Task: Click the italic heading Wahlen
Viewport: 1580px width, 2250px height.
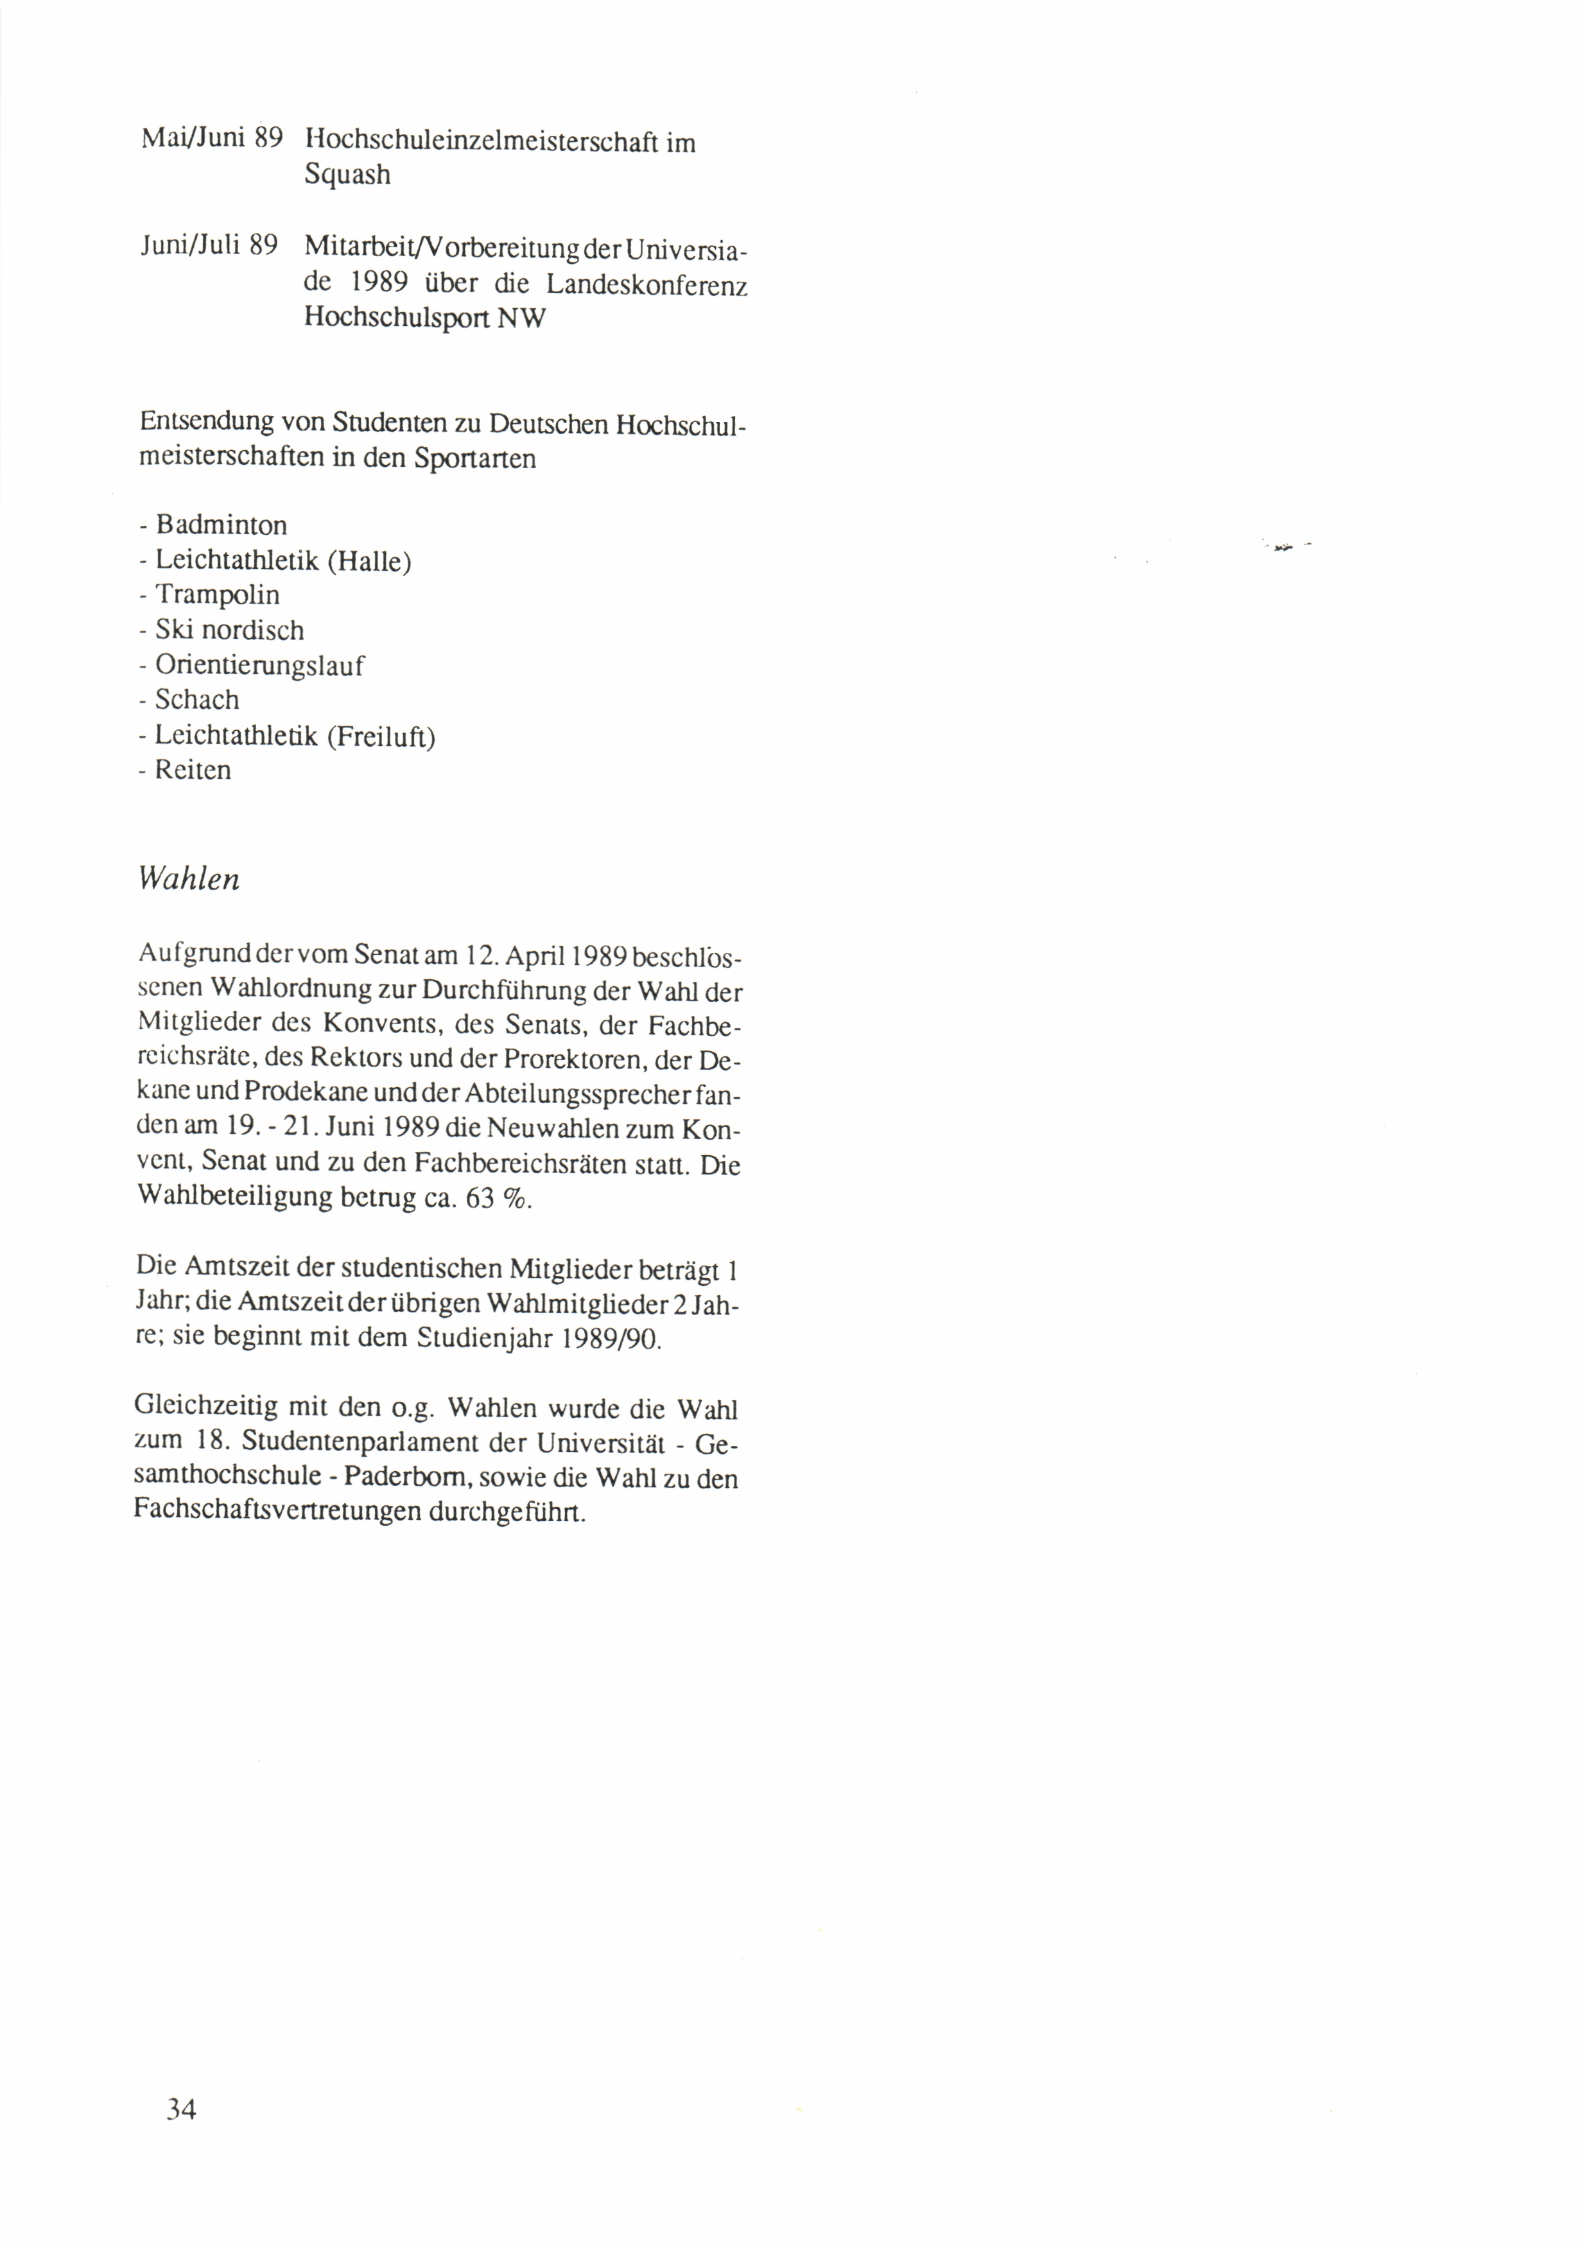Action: (x=189, y=879)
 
